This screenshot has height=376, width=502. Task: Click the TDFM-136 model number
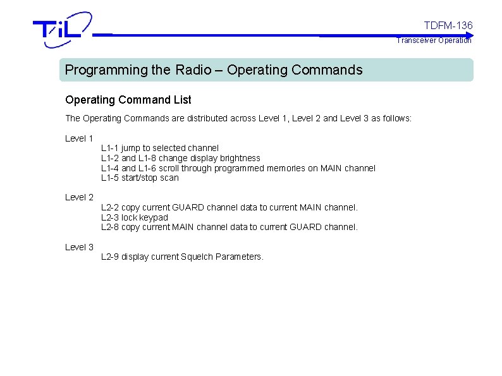pos(448,25)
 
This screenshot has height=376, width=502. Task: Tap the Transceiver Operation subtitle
pos(434,40)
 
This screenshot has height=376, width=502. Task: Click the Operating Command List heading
pos(128,100)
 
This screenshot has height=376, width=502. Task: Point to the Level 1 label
pos(79,138)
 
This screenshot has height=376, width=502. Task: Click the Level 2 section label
pos(79,197)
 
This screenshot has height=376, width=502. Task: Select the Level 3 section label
pos(79,247)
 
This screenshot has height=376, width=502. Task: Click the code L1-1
pos(110,148)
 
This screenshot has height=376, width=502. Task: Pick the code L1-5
pos(110,178)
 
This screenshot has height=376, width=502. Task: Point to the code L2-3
pos(110,217)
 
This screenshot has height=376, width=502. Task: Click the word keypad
pos(155,217)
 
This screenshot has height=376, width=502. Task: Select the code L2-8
pos(110,227)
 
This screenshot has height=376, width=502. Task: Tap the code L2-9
pos(110,257)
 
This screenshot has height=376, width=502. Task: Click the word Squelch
pos(197,257)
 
